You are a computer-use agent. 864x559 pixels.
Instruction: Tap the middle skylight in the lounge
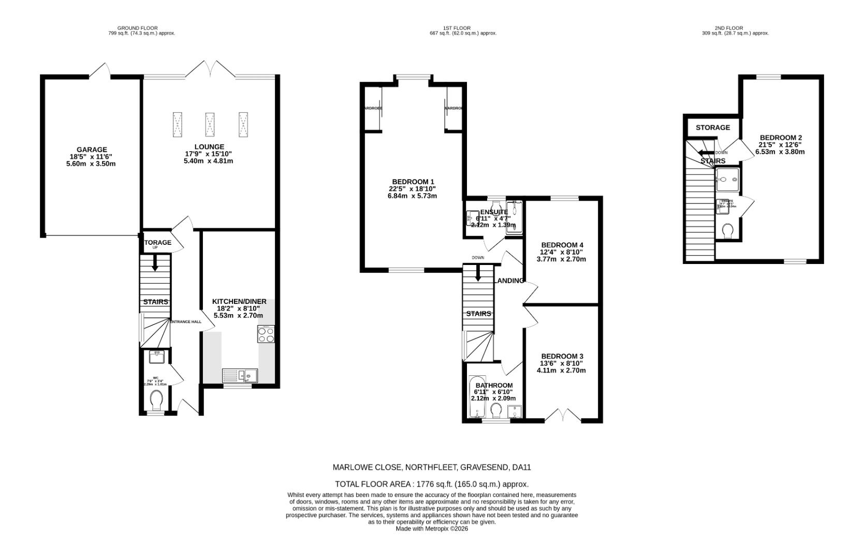[x=210, y=125]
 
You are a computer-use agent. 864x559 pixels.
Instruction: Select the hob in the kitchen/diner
[x=266, y=334]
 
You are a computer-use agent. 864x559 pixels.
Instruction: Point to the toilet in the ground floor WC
[x=156, y=400]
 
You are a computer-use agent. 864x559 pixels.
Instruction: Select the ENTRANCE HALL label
[x=186, y=322]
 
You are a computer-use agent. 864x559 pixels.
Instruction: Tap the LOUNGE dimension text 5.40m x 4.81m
[x=208, y=161]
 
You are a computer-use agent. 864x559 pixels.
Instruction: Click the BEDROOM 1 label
[x=413, y=182]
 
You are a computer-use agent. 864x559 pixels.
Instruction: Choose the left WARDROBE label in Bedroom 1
[x=372, y=108]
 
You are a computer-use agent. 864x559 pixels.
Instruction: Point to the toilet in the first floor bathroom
[x=496, y=410]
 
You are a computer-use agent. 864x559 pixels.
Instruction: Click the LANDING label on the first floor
[x=510, y=281]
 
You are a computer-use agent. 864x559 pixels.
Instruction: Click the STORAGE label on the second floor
[x=712, y=127]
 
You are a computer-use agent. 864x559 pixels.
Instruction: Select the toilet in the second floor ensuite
[x=727, y=230]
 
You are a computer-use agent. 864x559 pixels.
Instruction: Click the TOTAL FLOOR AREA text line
[x=432, y=484]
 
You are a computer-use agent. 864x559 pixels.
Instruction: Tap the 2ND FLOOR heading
[x=728, y=28]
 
